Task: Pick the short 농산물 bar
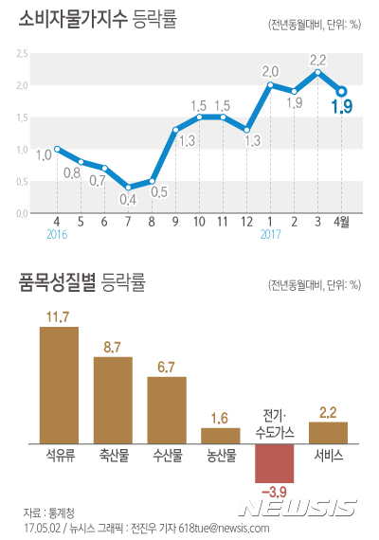tap(220, 435)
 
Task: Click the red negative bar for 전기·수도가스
tap(274, 463)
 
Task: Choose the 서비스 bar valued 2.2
tap(329, 433)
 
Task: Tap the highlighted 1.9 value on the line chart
tap(342, 108)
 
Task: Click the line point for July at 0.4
tap(128, 188)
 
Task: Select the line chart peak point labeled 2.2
tap(318, 72)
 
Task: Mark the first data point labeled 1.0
tap(57, 149)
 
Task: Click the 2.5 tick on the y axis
tap(20, 54)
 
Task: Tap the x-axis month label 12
tap(246, 222)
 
